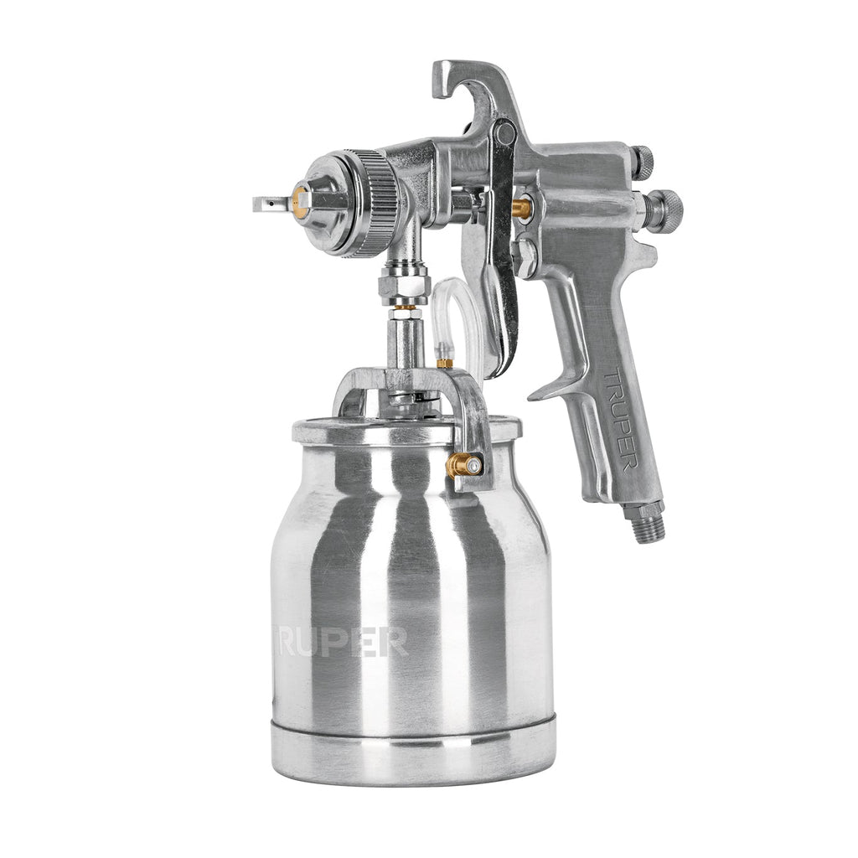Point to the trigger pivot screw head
click(504, 132)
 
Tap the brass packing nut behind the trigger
click(523, 208)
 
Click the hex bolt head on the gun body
click(525, 255)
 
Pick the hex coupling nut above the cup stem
click(404, 286)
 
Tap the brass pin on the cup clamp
click(464, 465)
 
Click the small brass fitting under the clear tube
click(444, 362)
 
